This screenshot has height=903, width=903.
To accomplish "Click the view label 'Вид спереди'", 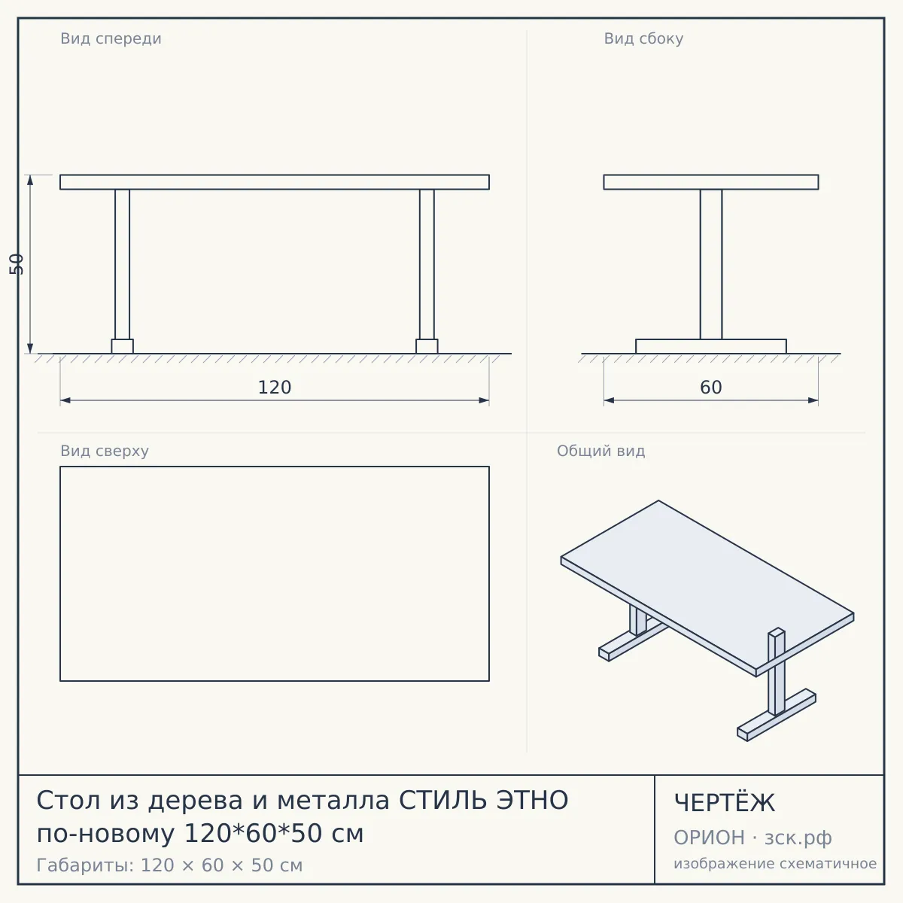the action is [x=111, y=38].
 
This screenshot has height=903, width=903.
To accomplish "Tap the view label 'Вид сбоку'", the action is [x=643, y=38].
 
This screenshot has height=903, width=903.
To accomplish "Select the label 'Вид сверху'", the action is [x=105, y=451].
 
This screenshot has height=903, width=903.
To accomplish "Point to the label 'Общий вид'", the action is [x=600, y=451].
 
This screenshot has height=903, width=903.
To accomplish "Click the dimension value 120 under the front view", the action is [x=275, y=387].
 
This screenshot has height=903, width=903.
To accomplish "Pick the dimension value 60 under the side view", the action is [x=711, y=387].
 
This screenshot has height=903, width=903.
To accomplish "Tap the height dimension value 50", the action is [x=17, y=264].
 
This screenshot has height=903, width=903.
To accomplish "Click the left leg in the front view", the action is [x=123, y=264].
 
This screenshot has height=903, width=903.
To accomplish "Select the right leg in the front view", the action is [x=427, y=264].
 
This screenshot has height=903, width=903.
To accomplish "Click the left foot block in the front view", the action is [x=123, y=346].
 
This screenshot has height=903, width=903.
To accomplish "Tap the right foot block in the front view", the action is [x=427, y=346].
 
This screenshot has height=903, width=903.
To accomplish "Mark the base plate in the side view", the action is [x=711, y=346].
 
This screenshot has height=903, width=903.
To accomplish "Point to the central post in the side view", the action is [x=711, y=264].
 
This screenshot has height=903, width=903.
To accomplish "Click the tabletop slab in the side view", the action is [x=711, y=182].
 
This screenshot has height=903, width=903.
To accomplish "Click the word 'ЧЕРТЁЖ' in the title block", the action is [x=725, y=803].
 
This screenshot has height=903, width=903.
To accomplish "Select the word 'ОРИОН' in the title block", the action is [x=709, y=838].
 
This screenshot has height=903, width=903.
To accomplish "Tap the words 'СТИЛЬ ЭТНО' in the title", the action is [x=484, y=800].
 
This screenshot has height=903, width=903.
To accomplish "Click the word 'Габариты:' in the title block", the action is [x=86, y=865].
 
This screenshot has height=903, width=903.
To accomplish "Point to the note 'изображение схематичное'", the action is [x=775, y=863].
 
